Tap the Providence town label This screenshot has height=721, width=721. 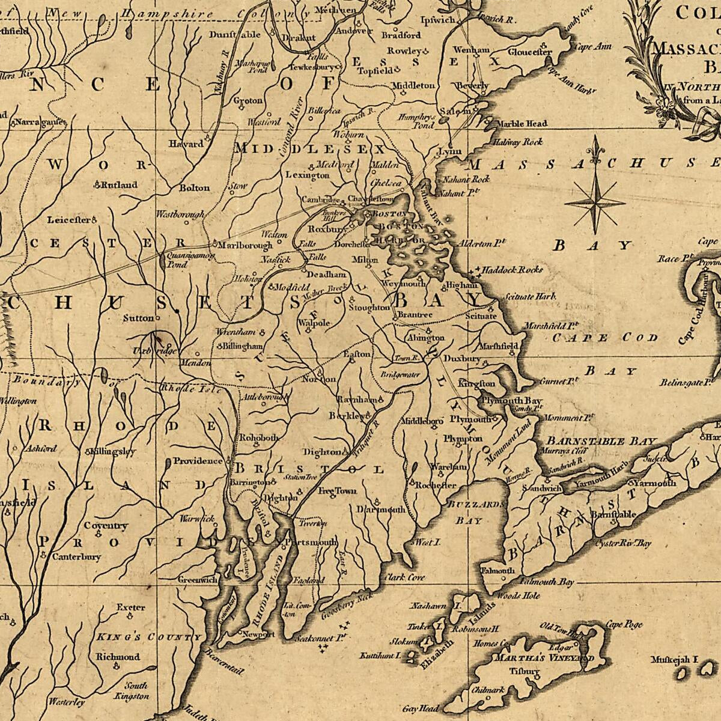point(198,461)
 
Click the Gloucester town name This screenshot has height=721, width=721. point(529,52)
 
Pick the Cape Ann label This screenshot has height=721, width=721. point(594,46)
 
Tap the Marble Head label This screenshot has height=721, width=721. point(522,123)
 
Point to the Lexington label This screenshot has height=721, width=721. point(307,175)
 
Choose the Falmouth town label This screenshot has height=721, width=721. point(498,570)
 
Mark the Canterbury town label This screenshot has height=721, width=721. point(76,556)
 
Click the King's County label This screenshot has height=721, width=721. point(147,636)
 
